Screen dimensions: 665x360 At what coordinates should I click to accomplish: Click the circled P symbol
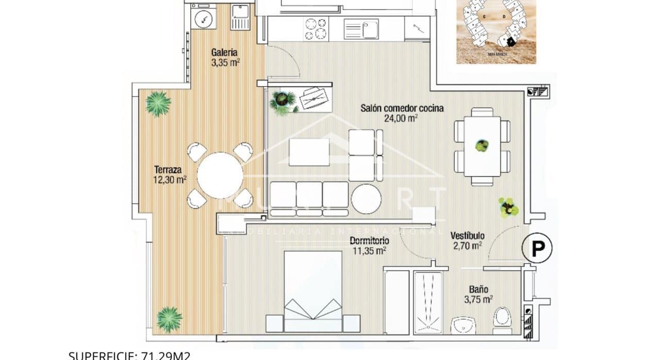(538, 249)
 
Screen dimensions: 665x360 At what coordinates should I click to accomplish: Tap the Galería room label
(225, 52)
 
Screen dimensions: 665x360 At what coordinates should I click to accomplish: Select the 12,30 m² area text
(170, 179)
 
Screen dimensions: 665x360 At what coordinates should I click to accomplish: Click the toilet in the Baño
(501, 317)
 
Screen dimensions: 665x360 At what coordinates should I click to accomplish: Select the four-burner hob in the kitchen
(315, 28)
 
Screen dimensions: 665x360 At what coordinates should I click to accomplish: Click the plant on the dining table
(482, 146)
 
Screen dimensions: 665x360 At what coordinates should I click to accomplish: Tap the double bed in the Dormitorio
(313, 291)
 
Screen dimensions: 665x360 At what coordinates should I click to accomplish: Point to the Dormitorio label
(369, 241)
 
